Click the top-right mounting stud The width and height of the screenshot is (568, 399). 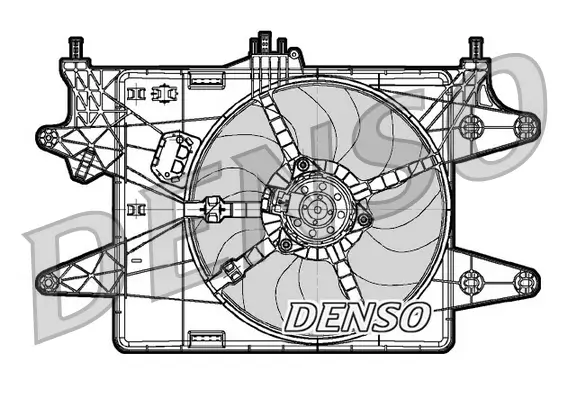pyautogui.click(x=476, y=47)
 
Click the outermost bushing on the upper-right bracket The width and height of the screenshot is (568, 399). pyautogui.click(x=525, y=125)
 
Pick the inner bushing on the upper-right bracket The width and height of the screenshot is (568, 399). pyautogui.click(x=472, y=126)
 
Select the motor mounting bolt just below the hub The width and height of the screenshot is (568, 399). pyautogui.click(x=288, y=245)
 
